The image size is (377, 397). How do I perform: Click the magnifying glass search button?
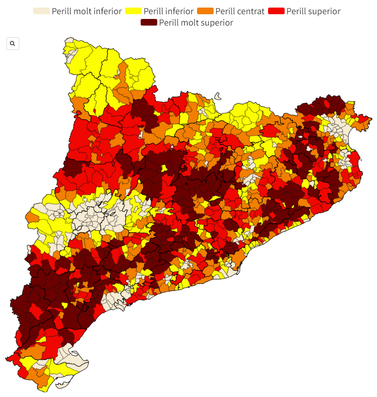(x=12, y=44)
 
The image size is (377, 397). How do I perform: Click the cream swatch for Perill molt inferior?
(x=41, y=11)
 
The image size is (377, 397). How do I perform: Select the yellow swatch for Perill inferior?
(x=133, y=11)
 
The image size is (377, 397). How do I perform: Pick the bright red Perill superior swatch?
(x=276, y=11)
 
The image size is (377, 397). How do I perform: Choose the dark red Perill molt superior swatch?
(x=149, y=22)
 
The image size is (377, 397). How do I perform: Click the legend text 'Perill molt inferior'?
(x=87, y=11)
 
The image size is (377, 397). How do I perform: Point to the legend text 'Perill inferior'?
(x=168, y=11)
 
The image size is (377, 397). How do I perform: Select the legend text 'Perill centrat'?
(x=240, y=11)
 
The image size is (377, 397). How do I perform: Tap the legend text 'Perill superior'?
(x=313, y=11)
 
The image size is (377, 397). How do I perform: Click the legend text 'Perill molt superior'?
(x=196, y=22)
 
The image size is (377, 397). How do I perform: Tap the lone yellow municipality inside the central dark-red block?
(x=164, y=168)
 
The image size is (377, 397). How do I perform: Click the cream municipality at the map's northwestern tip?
(x=70, y=44)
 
